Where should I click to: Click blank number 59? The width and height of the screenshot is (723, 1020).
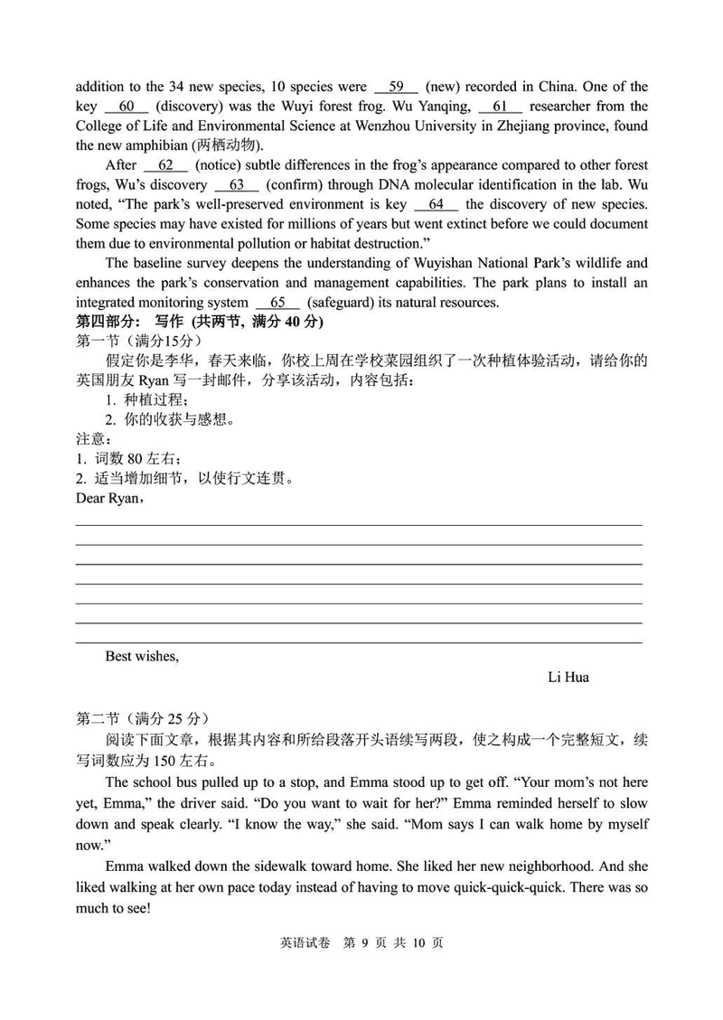click(396, 87)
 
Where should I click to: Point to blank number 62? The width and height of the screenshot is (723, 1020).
click(165, 165)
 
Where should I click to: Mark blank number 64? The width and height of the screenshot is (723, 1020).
click(437, 204)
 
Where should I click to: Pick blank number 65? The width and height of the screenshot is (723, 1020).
click(277, 303)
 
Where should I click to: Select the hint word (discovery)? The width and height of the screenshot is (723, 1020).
click(191, 107)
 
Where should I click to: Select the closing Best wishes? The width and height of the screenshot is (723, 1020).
click(142, 657)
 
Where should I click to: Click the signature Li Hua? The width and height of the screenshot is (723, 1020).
click(568, 677)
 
